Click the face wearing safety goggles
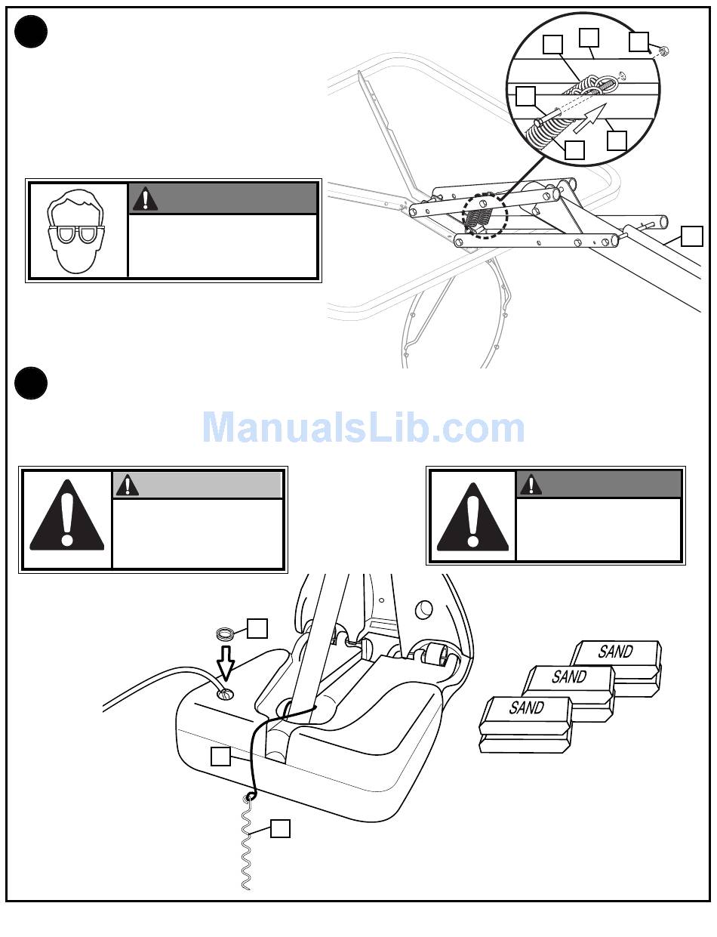[75, 231]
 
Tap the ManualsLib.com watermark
[363, 427]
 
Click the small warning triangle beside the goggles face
[145, 199]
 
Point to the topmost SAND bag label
[615, 652]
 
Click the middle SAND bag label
[569, 677]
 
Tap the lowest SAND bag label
[527, 707]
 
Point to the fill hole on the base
[226, 694]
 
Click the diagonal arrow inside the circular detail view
[590, 118]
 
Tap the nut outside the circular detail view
[664, 52]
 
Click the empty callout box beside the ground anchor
[280, 828]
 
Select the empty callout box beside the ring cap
[257, 628]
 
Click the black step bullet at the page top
[31, 32]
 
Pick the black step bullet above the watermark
[31, 383]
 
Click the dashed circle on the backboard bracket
[485, 216]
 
